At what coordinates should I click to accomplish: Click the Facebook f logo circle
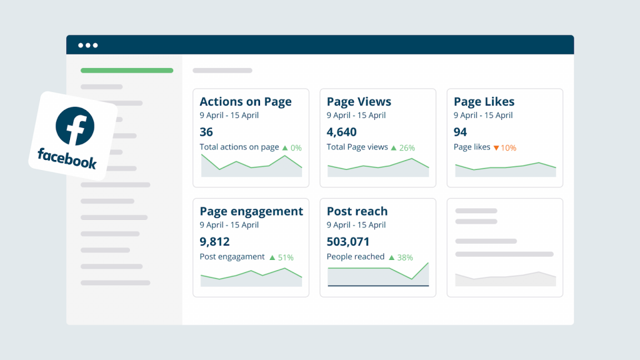click(x=74, y=126)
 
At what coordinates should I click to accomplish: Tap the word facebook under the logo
click(x=67, y=158)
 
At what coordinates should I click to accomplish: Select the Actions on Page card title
click(x=246, y=102)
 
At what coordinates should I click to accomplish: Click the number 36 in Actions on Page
click(x=206, y=132)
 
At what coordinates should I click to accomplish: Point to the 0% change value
click(x=296, y=148)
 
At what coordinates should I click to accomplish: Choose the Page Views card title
click(x=359, y=102)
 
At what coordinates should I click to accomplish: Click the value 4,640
click(x=341, y=132)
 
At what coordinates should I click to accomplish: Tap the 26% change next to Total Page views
click(x=407, y=148)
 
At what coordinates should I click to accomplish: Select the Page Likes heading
click(x=484, y=102)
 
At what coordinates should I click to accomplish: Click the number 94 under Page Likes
click(x=461, y=132)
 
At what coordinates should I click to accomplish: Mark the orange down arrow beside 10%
click(x=496, y=148)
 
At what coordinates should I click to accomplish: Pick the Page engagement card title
click(x=251, y=211)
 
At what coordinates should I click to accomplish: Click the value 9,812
click(x=215, y=242)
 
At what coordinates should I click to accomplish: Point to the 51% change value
click(x=286, y=257)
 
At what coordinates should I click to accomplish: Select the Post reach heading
click(x=357, y=211)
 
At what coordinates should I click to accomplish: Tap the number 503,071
click(x=348, y=242)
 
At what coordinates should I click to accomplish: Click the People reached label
click(x=356, y=257)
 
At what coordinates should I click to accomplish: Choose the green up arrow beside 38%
click(x=392, y=257)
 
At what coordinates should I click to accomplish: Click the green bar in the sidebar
click(x=127, y=71)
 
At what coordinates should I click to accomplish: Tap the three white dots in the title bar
click(x=87, y=45)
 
